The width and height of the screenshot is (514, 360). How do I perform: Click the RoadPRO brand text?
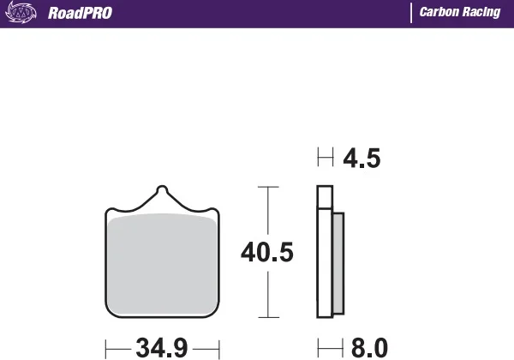(x=80, y=13)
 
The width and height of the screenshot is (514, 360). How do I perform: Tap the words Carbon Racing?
(x=460, y=12)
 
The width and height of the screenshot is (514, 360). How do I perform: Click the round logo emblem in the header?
(x=21, y=13)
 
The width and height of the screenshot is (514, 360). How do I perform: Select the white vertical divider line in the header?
(x=411, y=13)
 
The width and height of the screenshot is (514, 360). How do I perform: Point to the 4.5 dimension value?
(x=362, y=159)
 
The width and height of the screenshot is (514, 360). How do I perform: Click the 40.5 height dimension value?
(x=267, y=252)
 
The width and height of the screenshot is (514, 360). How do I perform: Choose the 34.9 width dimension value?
(x=162, y=348)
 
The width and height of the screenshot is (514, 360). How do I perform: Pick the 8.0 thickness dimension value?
(x=369, y=348)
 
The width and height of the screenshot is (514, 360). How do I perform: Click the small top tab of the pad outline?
(x=162, y=189)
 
